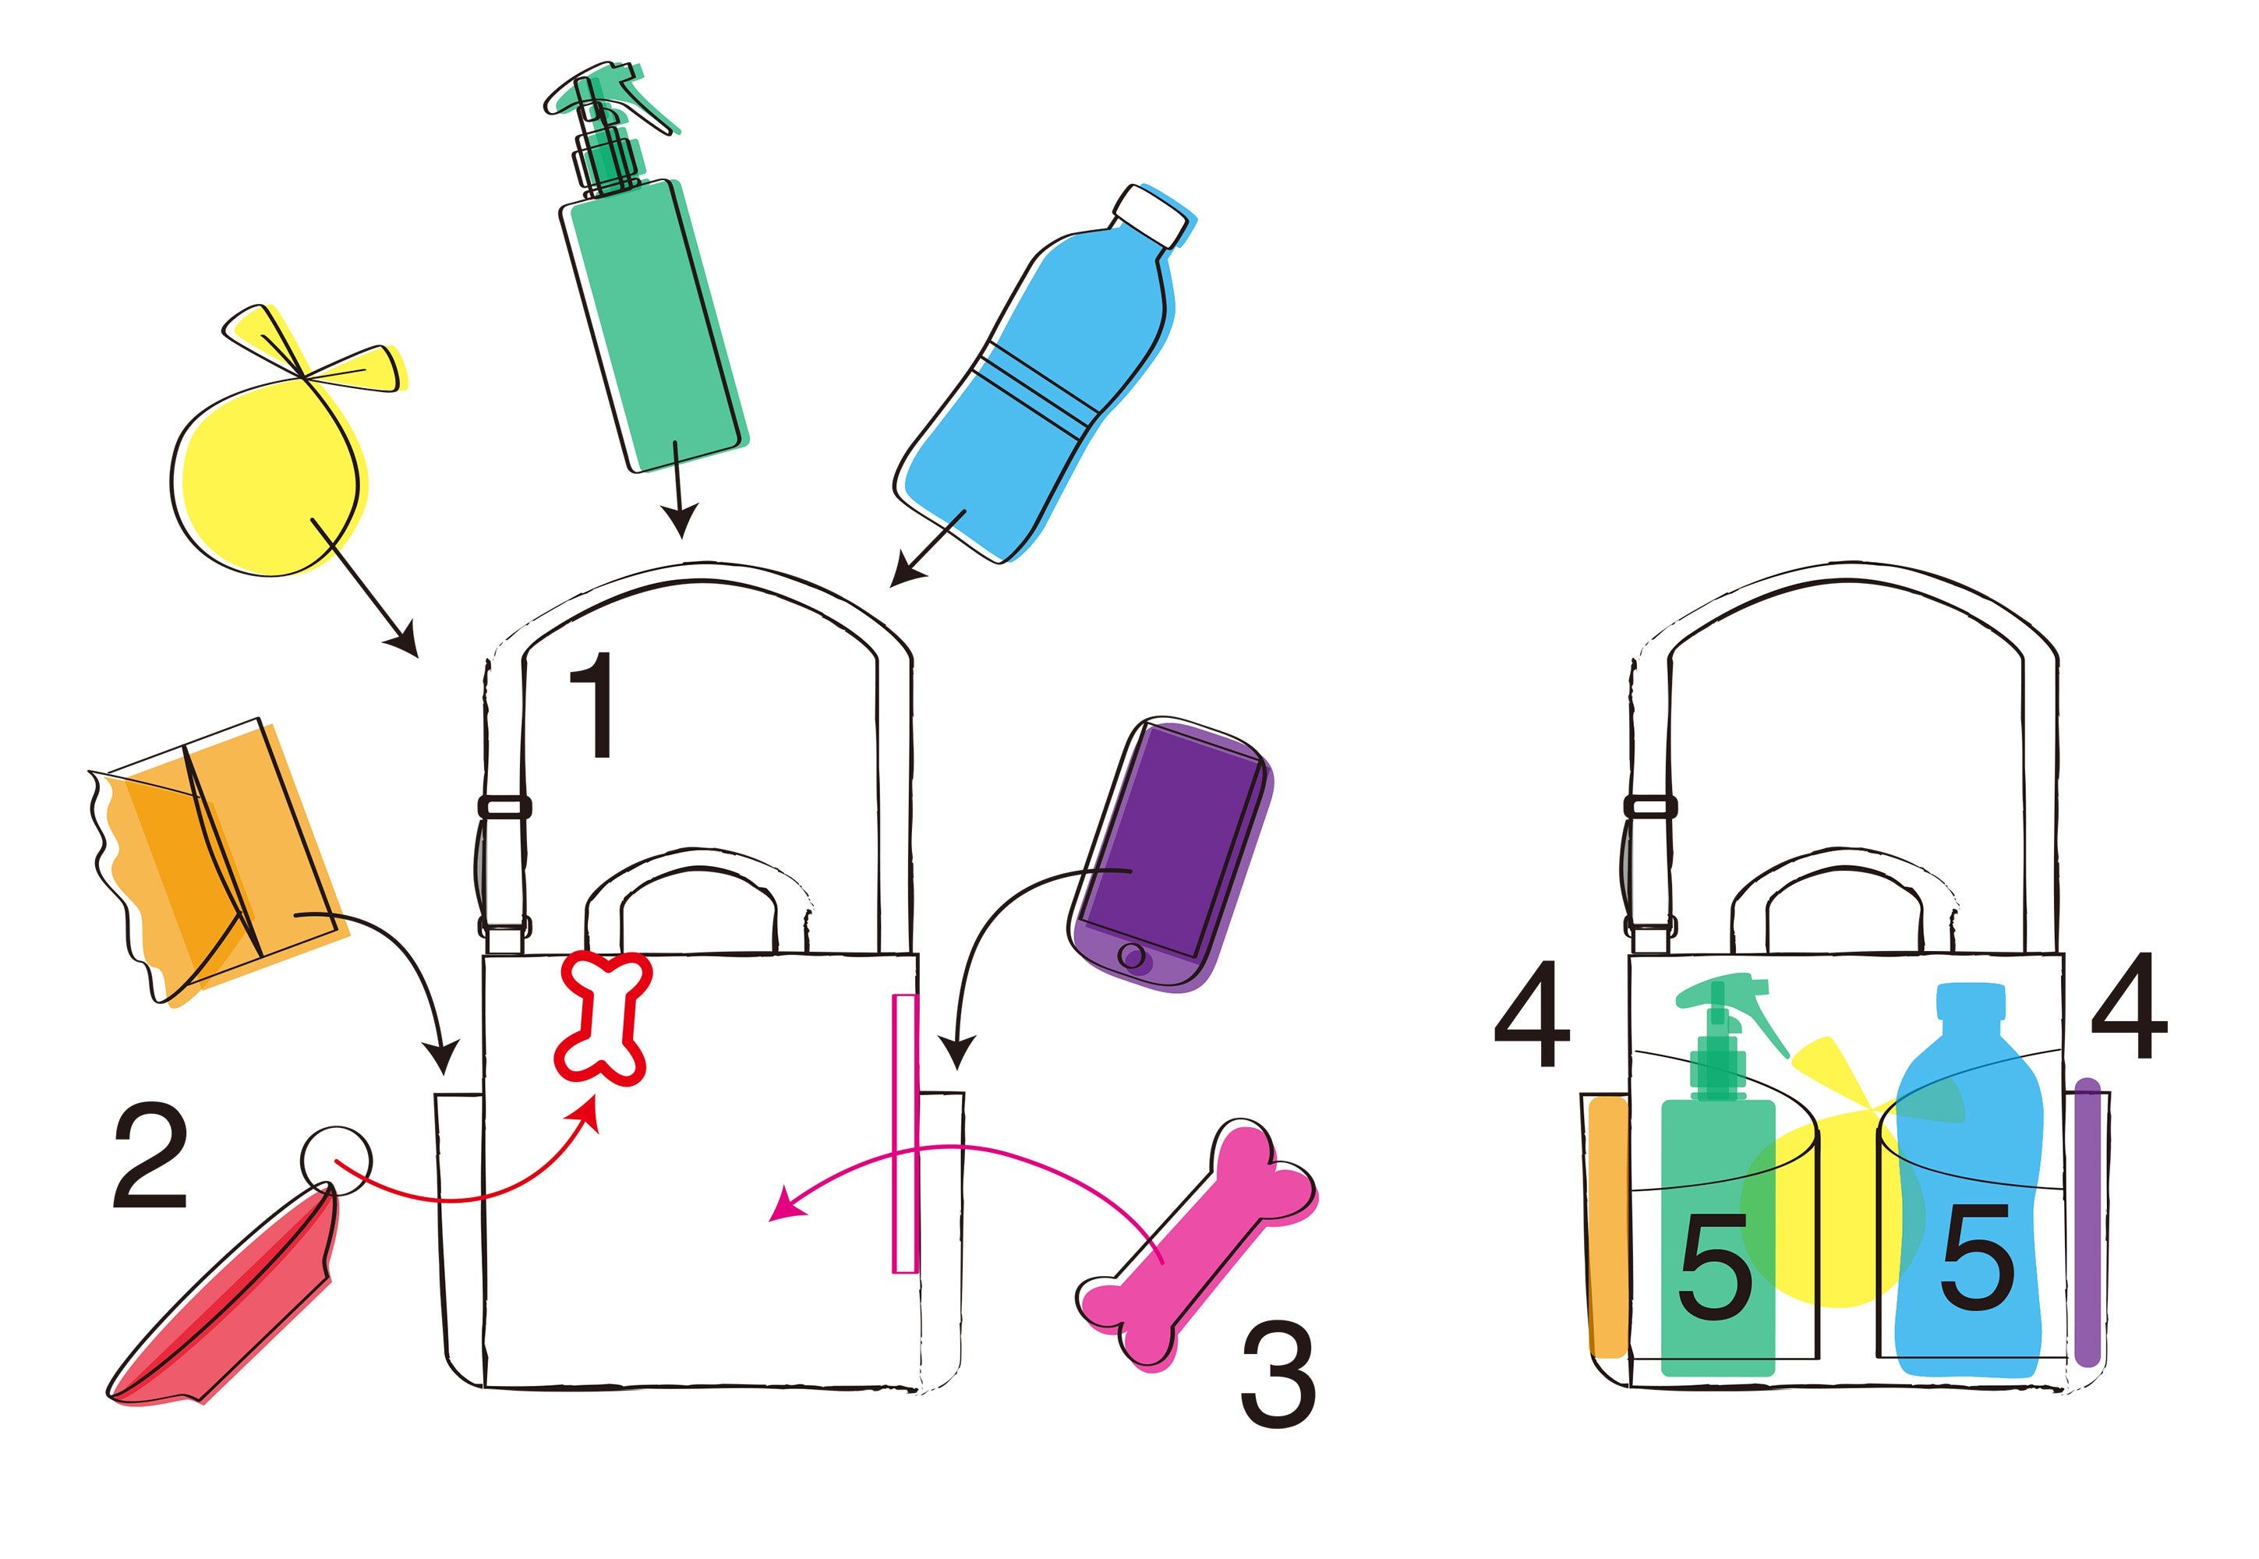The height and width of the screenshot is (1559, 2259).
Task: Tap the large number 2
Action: (150, 1157)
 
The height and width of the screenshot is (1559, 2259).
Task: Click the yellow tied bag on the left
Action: (266, 479)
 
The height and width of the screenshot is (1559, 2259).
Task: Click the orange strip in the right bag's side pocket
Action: (1607, 1226)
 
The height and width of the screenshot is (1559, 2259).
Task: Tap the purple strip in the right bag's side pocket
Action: (2086, 1221)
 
